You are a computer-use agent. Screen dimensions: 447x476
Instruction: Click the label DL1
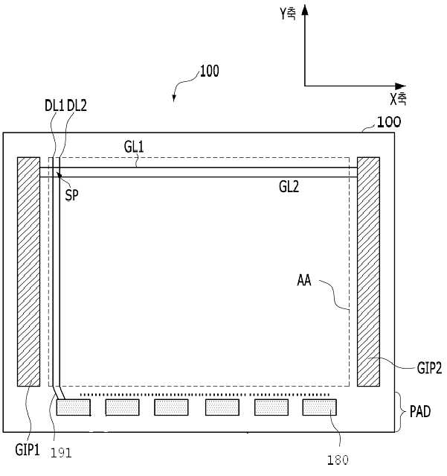pos(54,107)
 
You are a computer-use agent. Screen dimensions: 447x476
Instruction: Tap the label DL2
pos(77,107)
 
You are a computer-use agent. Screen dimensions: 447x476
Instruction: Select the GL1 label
pos(134,147)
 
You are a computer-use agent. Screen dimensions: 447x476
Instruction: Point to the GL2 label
pos(289,188)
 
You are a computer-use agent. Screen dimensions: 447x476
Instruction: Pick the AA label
pos(303,282)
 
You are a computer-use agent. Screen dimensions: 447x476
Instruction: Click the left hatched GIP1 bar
pos(29,271)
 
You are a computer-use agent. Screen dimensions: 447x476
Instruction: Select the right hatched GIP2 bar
pos(368,271)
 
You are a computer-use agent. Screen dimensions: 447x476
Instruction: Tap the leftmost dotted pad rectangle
pos(73,407)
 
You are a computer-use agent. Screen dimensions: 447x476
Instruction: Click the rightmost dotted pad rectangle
pos(319,407)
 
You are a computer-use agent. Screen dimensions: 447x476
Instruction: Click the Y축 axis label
pos(286,13)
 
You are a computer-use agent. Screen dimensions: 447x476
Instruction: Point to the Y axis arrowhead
pos(305,9)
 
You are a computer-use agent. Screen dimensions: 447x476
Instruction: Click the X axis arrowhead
pos(403,84)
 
